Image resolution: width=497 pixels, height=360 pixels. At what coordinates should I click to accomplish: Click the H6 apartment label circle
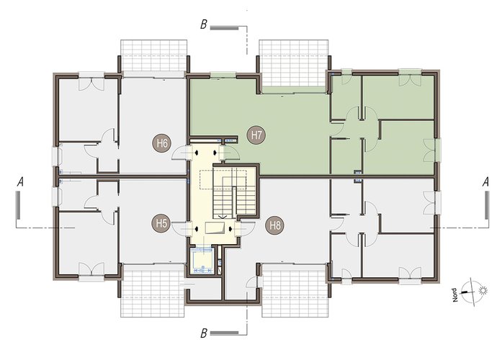point(162,143)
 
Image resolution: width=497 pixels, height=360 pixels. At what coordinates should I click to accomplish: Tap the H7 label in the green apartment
point(256,135)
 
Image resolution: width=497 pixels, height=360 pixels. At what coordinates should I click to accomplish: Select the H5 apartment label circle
point(161,223)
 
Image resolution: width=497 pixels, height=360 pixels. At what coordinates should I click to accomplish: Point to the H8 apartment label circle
point(275,225)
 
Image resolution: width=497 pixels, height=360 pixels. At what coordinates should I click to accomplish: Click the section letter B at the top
point(204,24)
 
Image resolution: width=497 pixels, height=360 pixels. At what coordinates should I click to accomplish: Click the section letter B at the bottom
point(204,333)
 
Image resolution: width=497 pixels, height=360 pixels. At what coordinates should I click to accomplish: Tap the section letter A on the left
point(20,181)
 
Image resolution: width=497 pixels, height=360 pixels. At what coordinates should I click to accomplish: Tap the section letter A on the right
point(485,181)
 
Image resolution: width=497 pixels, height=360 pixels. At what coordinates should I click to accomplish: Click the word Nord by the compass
point(455,294)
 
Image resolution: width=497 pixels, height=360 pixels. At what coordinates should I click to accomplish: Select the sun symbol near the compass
point(483,290)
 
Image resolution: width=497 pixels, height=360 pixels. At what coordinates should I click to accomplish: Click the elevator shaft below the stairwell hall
point(203,261)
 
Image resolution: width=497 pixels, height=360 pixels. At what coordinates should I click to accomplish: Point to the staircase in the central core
point(235,192)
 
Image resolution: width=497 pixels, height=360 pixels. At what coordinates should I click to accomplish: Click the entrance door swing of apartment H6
point(179,153)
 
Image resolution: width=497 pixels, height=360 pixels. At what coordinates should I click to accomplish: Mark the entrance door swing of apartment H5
point(179,228)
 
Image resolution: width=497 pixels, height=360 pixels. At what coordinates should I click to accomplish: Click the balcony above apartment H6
point(153,55)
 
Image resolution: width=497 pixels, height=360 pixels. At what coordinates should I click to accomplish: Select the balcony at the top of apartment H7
point(294,63)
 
